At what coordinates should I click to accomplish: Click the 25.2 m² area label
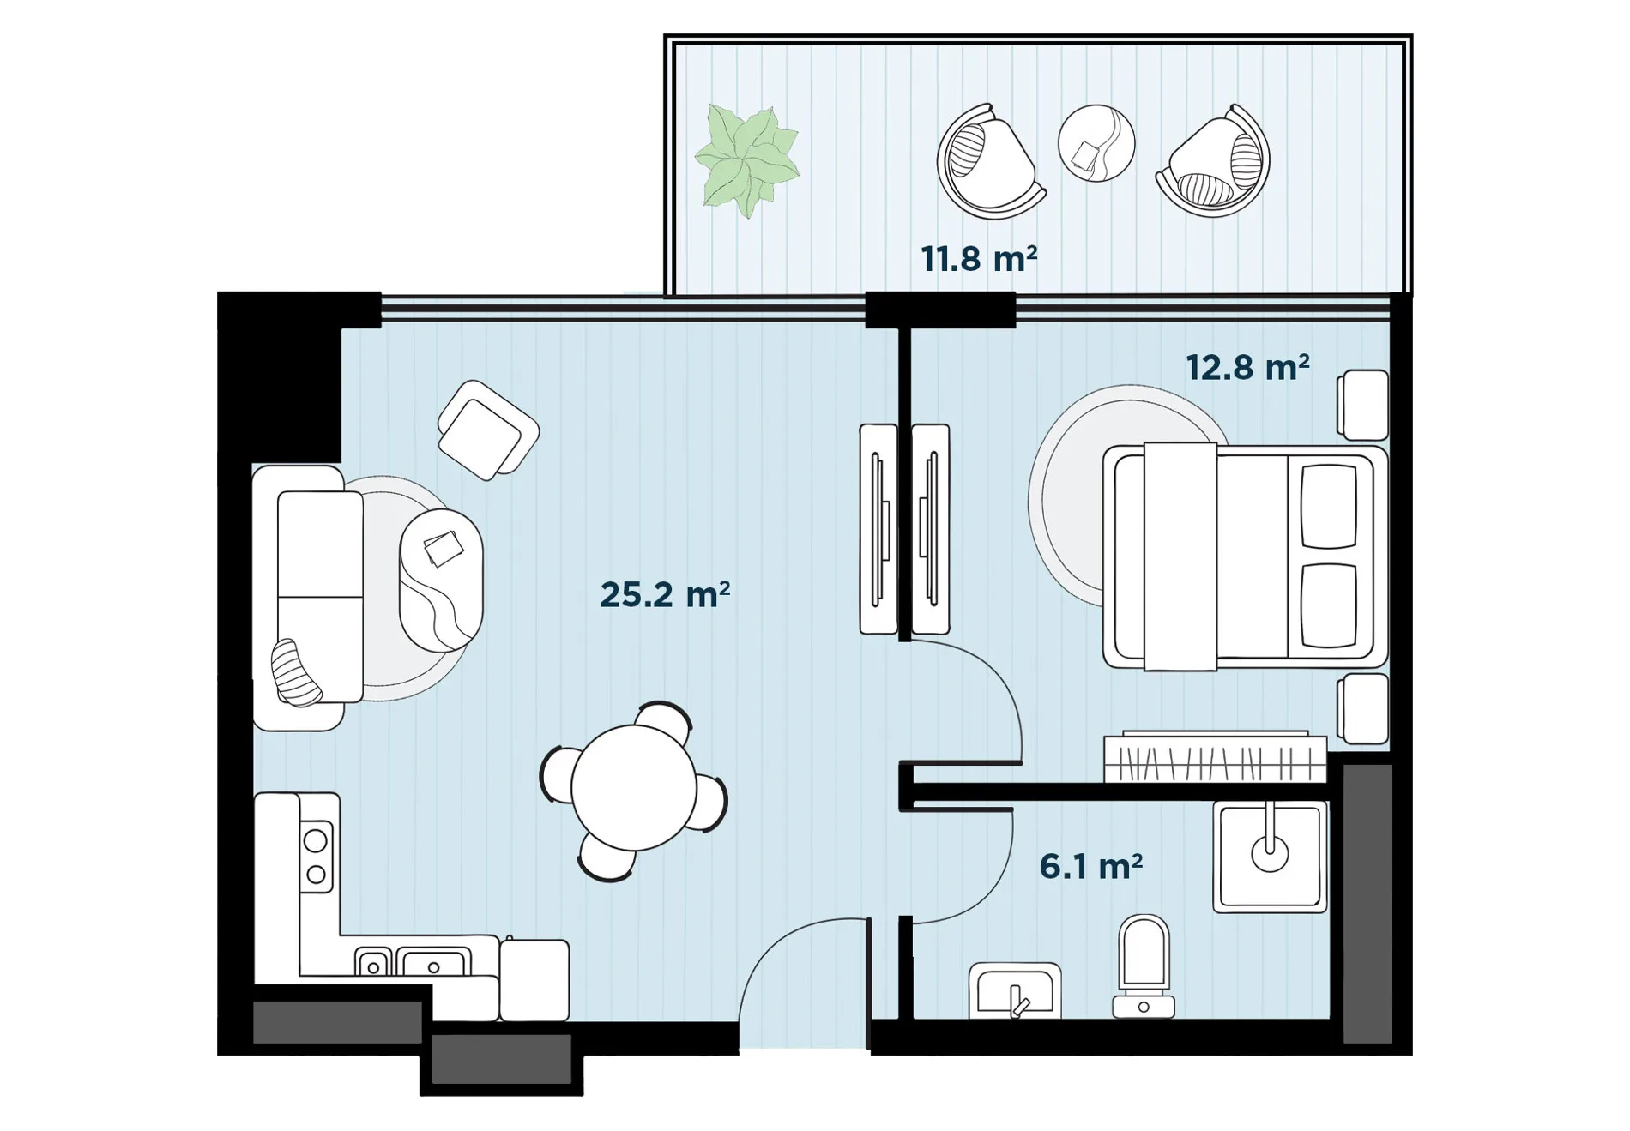click(665, 594)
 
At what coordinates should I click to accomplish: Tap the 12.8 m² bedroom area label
click(1247, 368)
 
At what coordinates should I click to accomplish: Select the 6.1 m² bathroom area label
click(1090, 866)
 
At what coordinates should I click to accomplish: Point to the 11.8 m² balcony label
click(979, 258)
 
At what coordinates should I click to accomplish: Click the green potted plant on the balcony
click(746, 160)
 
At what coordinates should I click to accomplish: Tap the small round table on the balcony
click(1096, 143)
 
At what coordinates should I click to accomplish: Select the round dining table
click(634, 787)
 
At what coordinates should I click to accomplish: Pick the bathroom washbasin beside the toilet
click(1015, 991)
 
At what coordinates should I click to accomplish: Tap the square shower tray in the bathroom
click(1270, 856)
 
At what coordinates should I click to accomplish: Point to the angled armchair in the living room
click(488, 430)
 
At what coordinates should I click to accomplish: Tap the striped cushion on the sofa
click(296, 673)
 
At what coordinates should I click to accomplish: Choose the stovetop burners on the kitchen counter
click(316, 857)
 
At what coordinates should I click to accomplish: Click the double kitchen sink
click(413, 961)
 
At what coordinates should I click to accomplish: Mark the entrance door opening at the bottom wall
click(804, 1034)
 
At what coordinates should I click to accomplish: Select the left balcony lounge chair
click(989, 161)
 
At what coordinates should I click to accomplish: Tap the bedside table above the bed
click(1363, 405)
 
